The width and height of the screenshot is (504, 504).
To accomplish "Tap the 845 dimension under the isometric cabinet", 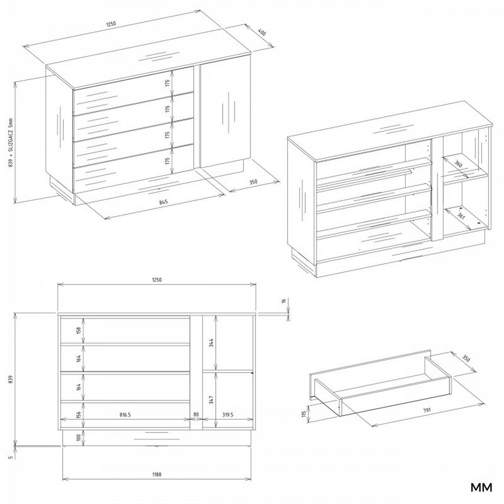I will coord(163,202).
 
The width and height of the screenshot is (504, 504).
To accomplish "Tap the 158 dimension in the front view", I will coord(78,331).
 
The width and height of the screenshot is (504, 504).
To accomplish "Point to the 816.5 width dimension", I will coord(125,414).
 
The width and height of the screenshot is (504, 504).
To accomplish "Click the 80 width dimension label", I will coord(196,414).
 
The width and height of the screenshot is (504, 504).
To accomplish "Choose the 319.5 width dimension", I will coord(228,414).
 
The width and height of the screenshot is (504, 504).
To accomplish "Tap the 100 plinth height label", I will coord(78,438).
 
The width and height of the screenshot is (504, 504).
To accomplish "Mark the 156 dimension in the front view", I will coord(78,415).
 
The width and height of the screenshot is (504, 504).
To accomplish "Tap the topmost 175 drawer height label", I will coord(167,84).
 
